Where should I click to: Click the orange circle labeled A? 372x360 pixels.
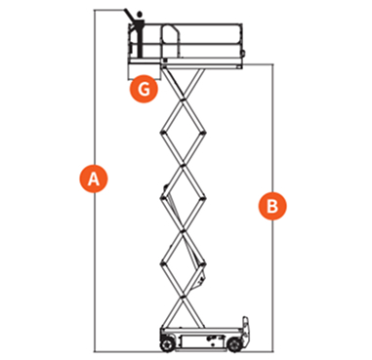(94, 179)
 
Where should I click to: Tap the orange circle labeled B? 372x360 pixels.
(272, 206)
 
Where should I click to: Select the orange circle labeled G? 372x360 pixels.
(144, 89)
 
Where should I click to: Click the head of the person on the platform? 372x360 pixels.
(140, 15)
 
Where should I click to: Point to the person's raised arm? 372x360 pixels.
(129, 16)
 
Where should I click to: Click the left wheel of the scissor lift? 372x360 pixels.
(166, 344)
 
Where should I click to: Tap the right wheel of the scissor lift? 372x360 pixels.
(233, 344)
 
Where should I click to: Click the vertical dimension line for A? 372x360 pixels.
(95, 180)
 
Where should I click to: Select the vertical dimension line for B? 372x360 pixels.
(272, 208)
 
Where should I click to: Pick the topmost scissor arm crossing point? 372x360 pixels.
(184, 100)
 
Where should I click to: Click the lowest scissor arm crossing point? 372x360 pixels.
(184, 296)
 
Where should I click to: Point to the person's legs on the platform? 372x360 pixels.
(141, 46)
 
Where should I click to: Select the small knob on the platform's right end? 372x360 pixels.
(243, 54)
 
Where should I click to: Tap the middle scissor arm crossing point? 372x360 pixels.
(184, 198)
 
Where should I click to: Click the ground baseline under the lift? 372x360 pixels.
(184, 351)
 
